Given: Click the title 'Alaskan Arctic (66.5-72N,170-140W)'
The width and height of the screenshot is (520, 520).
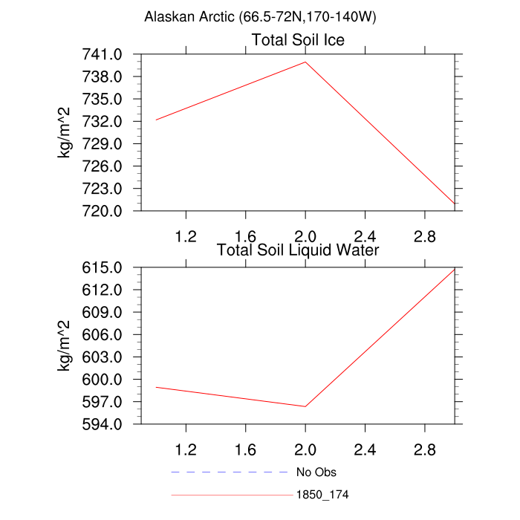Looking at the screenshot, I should click(x=260, y=17).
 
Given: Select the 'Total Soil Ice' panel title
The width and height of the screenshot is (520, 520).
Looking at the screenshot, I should click(x=298, y=40).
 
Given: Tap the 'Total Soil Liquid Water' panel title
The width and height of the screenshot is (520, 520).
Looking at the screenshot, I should click(x=298, y=250).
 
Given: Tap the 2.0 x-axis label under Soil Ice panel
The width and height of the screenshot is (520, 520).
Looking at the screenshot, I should click(x=305, y=236).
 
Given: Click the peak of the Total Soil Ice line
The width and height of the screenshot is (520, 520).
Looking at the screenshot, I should click(x=305, y=62).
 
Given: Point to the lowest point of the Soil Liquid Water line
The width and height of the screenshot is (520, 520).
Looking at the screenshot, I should click(x=305, y=406).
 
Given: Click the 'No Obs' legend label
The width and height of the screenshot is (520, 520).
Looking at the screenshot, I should click(x=316, y=472).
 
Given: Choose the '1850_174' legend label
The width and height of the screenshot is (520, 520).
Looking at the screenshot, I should click(x=322, y=494).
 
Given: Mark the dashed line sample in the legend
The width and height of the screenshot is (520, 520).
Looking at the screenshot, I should click(x=229, y=472).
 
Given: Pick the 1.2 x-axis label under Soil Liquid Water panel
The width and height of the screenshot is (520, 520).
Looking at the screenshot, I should click(x=185, y=449).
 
